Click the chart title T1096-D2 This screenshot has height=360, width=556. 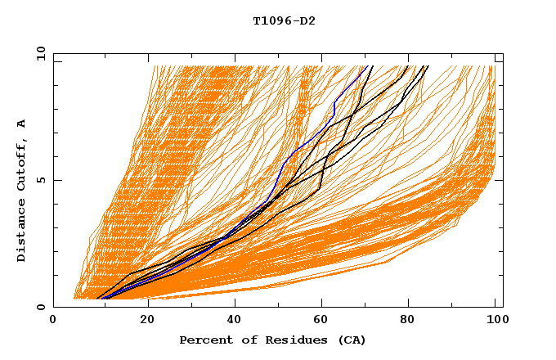tap(284, 20)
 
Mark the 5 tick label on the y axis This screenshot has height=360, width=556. tap(40, 181)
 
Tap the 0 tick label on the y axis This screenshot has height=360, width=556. tap(40, 307)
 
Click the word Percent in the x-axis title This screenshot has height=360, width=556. tap(203, 340)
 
